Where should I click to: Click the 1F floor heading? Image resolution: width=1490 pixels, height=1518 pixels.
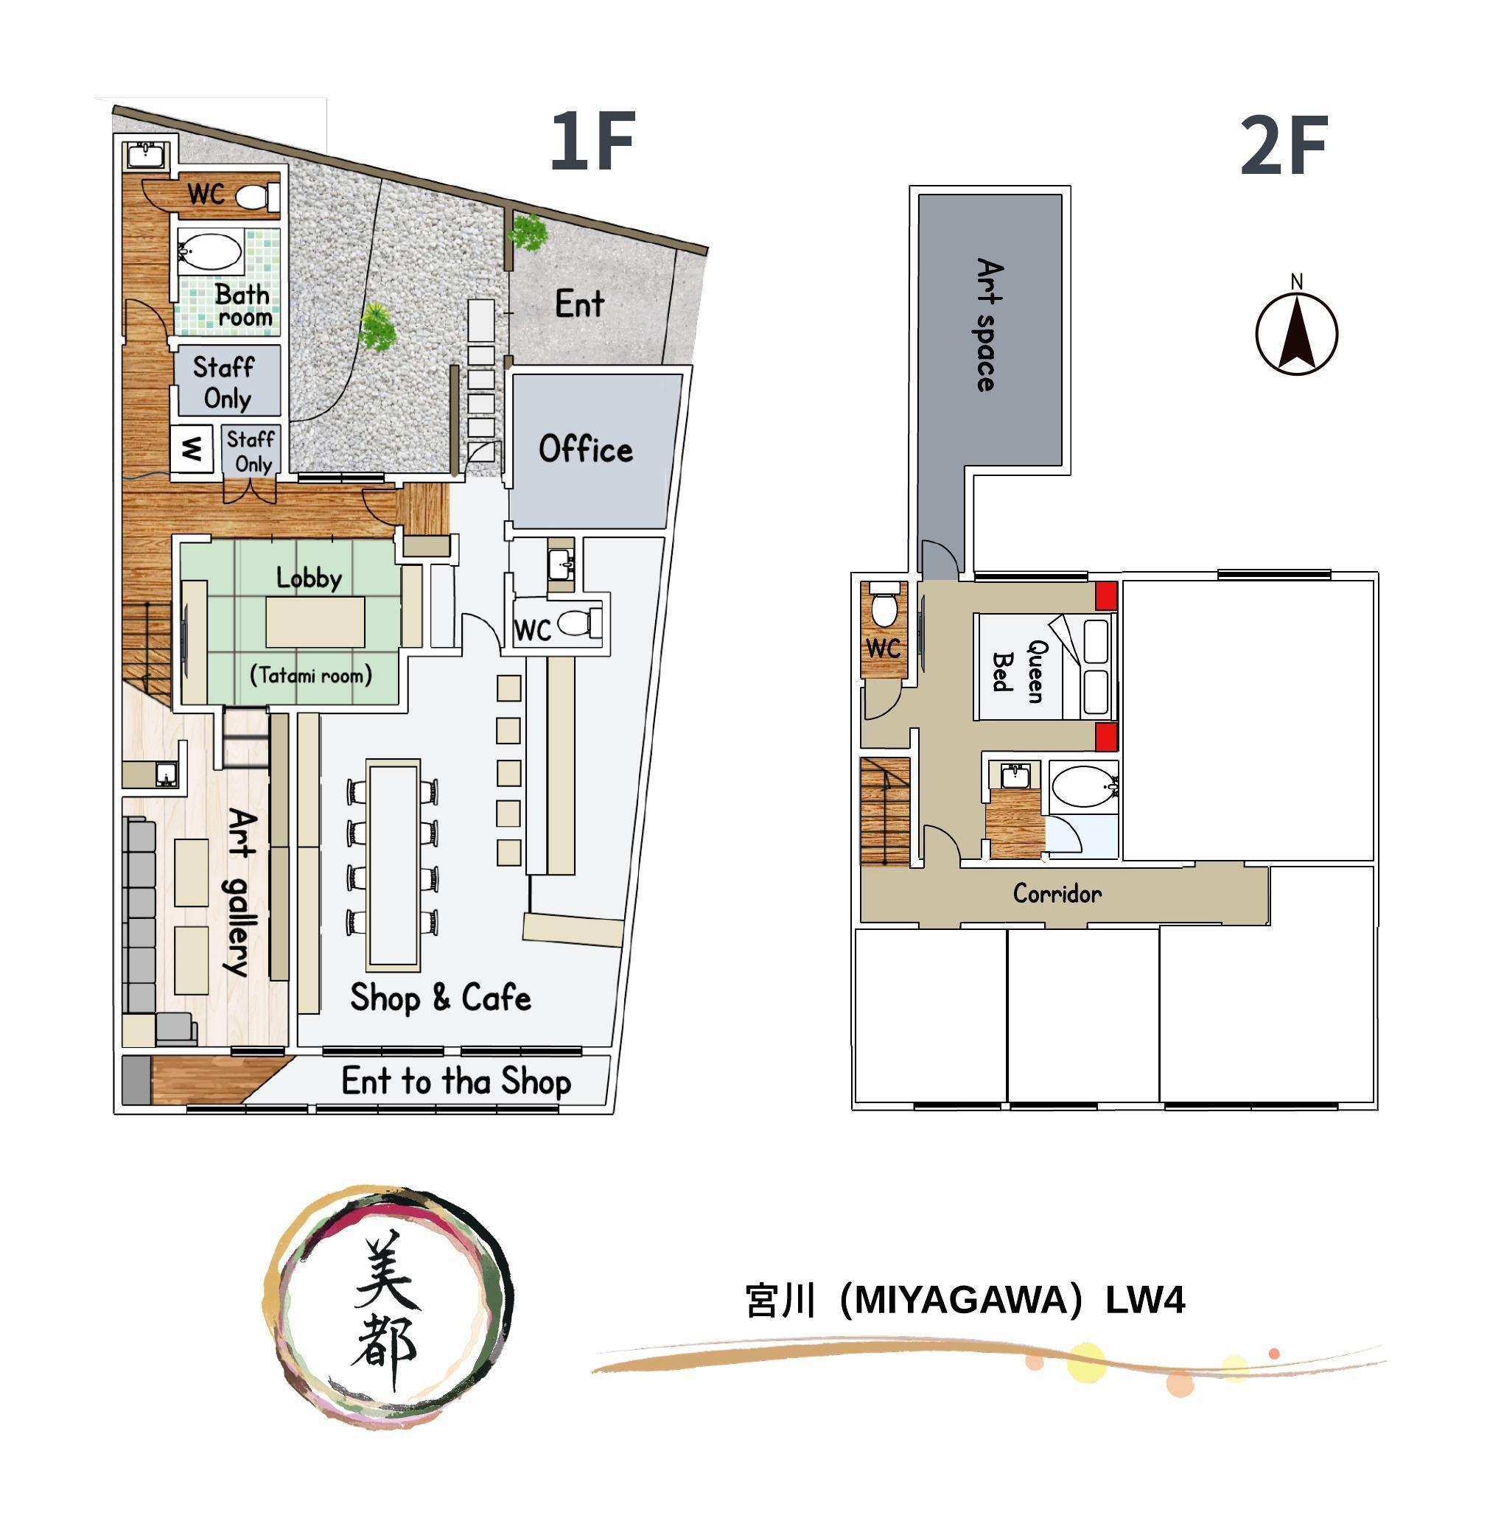point(592,141)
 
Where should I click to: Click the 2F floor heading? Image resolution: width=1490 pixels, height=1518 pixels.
point(1284,146)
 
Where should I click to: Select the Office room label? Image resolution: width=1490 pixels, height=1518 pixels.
point(585,450)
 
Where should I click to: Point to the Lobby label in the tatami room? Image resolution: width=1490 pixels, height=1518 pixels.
point(309,578)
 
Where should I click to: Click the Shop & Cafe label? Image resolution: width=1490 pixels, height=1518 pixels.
point(441,998)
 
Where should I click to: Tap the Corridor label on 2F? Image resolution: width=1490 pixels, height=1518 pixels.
point(1057,894)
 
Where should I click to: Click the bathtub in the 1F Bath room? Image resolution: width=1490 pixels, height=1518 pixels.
point(210,252)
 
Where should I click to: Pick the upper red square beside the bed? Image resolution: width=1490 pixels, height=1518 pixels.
point(1105,596)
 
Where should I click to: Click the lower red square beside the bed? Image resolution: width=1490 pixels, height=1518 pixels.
point(1105,737)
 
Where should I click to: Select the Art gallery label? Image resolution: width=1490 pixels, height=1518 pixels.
point(241,893)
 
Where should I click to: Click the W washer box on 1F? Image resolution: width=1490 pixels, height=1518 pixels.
point(192,450)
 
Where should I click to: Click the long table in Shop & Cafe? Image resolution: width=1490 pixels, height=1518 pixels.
point(394,864)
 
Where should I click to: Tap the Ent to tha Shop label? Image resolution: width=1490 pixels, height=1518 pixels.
point(456,1081)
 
